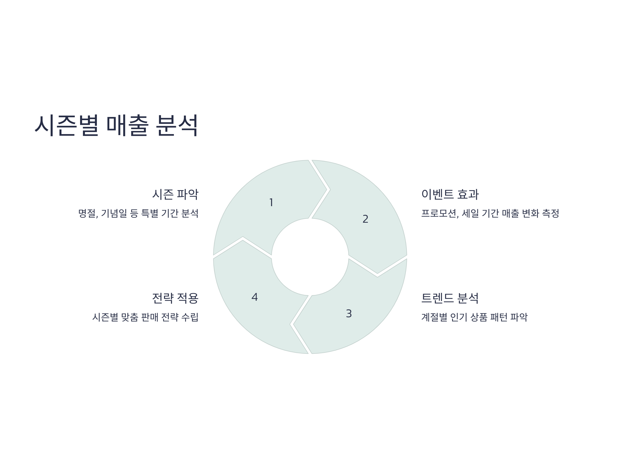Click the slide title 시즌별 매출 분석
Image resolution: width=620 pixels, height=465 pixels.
pyautogui.click(x=116, y=125)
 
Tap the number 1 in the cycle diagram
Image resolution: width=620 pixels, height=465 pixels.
pyautogui.click(x=271, y=202)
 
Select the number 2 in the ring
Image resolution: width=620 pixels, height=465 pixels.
pyautogui.click(x=365, y=219)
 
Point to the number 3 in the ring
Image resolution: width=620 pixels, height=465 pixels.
pyautogui.click(x=349, y=314)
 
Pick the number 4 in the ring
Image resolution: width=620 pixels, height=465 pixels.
pyautogui.click(x=254, y=297)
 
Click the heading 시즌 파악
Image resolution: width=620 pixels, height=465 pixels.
pyautogui.click(x=175, y=195)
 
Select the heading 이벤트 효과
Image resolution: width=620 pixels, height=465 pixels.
pyautogui.click(x=450, y=195)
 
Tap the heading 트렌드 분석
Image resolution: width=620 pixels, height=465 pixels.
pyautogui.click(x=450, y=298)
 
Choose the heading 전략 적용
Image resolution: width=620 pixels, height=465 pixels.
pyautogui.click(x=175, y=298)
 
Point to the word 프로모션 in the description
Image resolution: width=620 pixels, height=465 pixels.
pyautogui.click(x=439, y=214)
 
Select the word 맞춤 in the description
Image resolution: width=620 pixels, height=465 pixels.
pyautogui.click(x=129, y=317)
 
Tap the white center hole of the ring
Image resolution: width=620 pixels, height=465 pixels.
pyautogui.click(x=310, y=257)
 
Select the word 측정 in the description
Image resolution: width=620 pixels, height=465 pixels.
pyautogui.click(x=551, y=214)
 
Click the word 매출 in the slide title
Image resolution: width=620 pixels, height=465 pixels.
pyautogui.click(x=128, y=125)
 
